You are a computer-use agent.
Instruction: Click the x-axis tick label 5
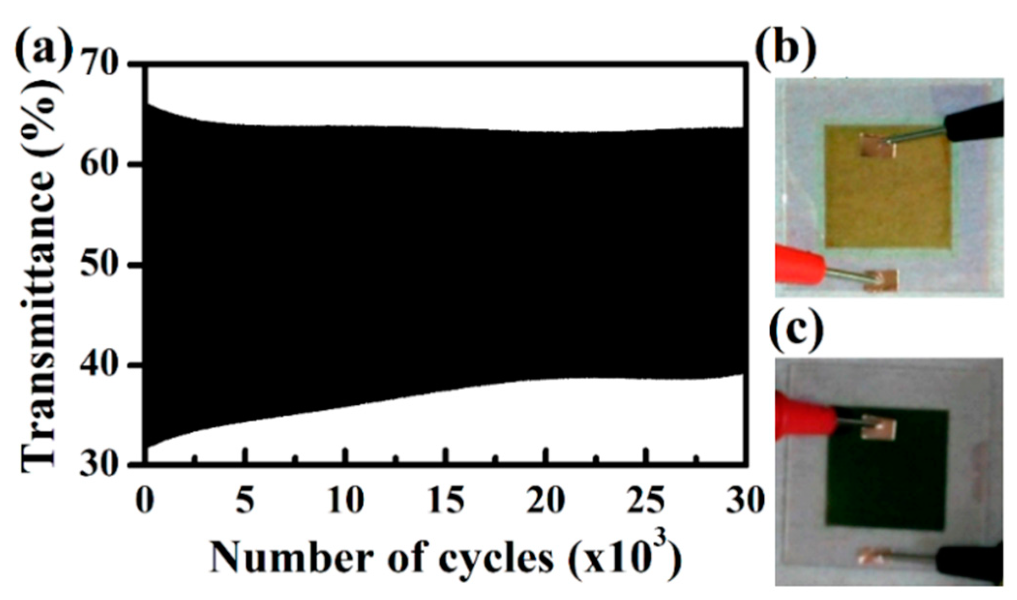tap(246, 501)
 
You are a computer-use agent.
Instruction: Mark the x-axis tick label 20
tap(545, 501)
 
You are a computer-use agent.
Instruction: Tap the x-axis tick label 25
tap(646, 501)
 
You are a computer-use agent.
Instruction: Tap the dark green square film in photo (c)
tap(885, 483)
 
